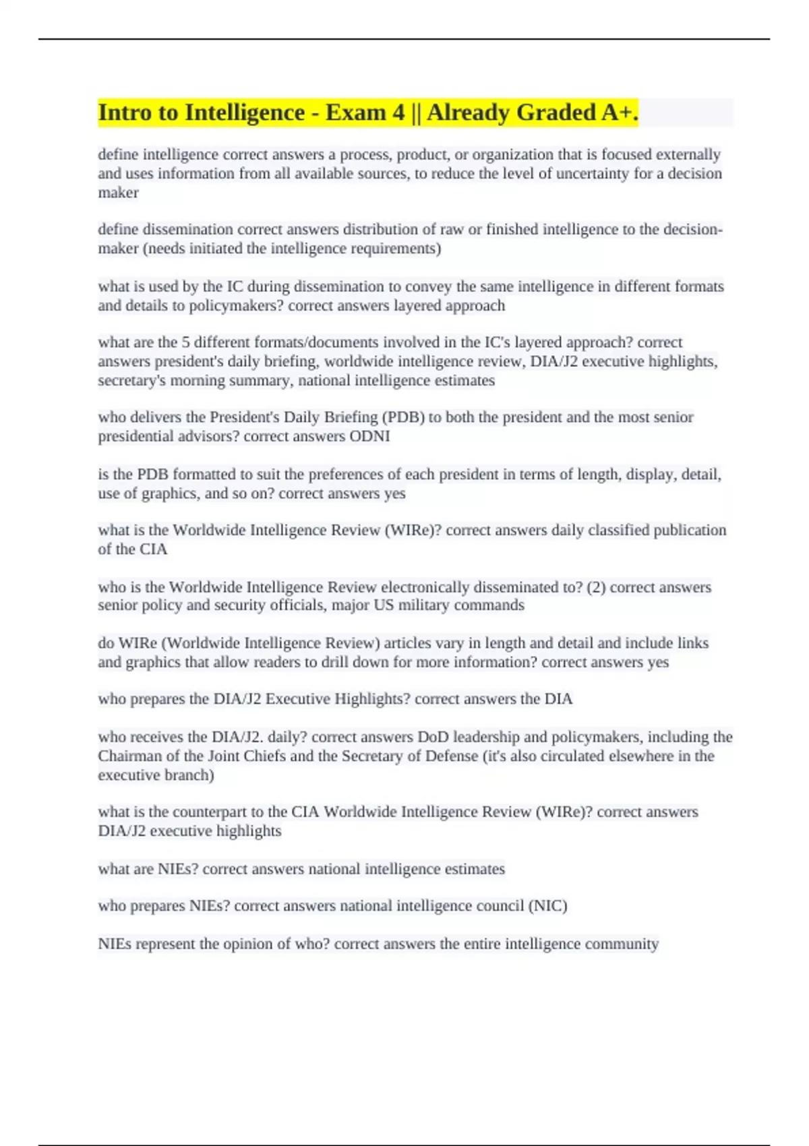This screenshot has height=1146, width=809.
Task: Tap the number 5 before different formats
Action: coord(186,342)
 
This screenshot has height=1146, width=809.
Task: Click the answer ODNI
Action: coord(369,437)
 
